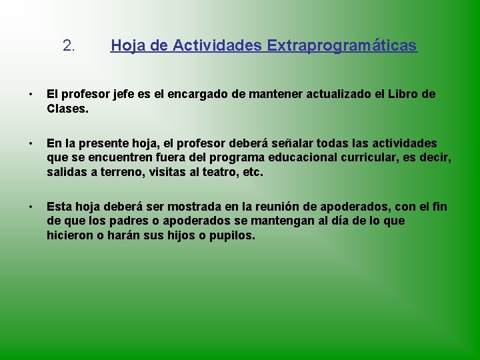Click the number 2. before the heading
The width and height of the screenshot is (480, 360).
tap(69, 46)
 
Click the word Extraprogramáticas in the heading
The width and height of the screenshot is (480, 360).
tap(342, 46)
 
